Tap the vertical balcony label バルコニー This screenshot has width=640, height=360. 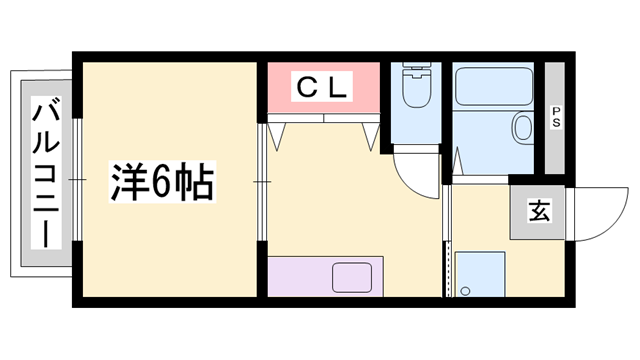click(x=43, y=172)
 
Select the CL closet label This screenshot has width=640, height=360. click(x=321, y=88)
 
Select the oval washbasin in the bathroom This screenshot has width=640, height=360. click(x=522, y=128)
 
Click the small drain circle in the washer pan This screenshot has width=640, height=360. click(x=465, y=291)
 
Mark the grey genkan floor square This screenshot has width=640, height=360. click(x=537, y=212)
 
